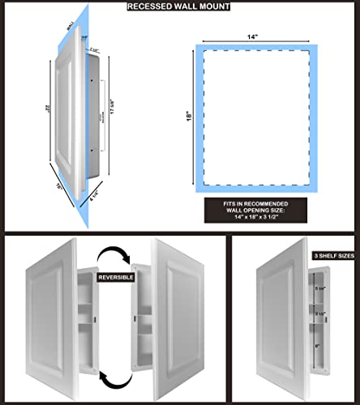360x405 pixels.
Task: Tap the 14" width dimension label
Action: click(259, 37)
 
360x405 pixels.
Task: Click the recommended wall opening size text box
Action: click(259, 211)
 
